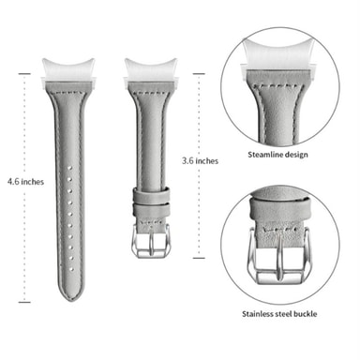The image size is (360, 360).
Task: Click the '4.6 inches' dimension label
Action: coord(25,182)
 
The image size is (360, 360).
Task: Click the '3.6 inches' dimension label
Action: coord(200,161)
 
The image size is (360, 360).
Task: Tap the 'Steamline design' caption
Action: coord(277,155)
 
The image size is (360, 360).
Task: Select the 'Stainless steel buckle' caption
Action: coord(279,314)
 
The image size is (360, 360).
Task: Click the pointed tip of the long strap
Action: coord(70,300)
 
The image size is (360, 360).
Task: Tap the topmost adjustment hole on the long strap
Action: coord(69,168)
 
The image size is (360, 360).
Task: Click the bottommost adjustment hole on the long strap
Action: coord(71,269)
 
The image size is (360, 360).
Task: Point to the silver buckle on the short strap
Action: coord(151,241)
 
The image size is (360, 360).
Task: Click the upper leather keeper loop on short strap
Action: coord(152,195)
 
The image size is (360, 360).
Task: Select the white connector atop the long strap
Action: coord(68,71)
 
